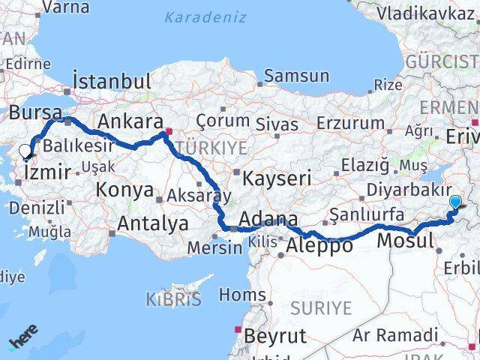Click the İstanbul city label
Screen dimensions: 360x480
(112, 81)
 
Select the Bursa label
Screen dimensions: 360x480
(36, 113)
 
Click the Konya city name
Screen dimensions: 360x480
(124, 190)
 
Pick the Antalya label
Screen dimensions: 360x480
(153, 223)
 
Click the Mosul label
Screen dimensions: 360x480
(405, 241)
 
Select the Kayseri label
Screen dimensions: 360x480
(277, 178)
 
